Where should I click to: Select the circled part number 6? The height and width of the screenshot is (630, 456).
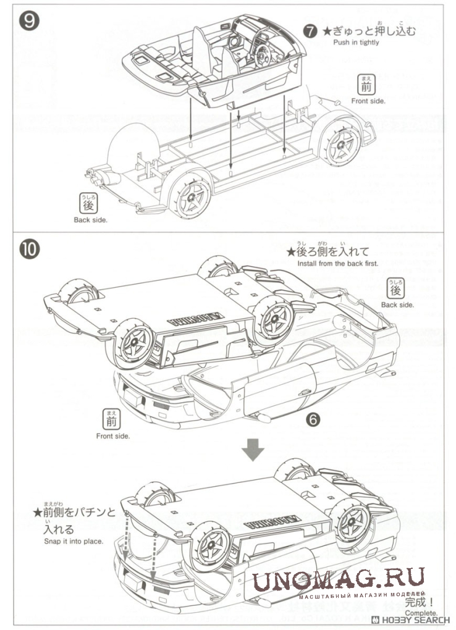click(313, 419)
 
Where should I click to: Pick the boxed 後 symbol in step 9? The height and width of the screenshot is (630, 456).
click(88, 204)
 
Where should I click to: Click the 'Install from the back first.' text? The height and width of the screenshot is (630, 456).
click(338, 262)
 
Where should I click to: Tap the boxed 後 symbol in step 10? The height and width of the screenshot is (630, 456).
click(396, 288)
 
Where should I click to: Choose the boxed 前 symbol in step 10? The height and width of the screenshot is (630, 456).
click(112, 420)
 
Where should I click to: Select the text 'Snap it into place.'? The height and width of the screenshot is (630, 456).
click(74, 541)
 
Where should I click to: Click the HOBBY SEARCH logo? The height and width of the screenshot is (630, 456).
click(412, 621)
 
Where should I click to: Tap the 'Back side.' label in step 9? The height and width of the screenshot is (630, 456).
click(90, 219)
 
